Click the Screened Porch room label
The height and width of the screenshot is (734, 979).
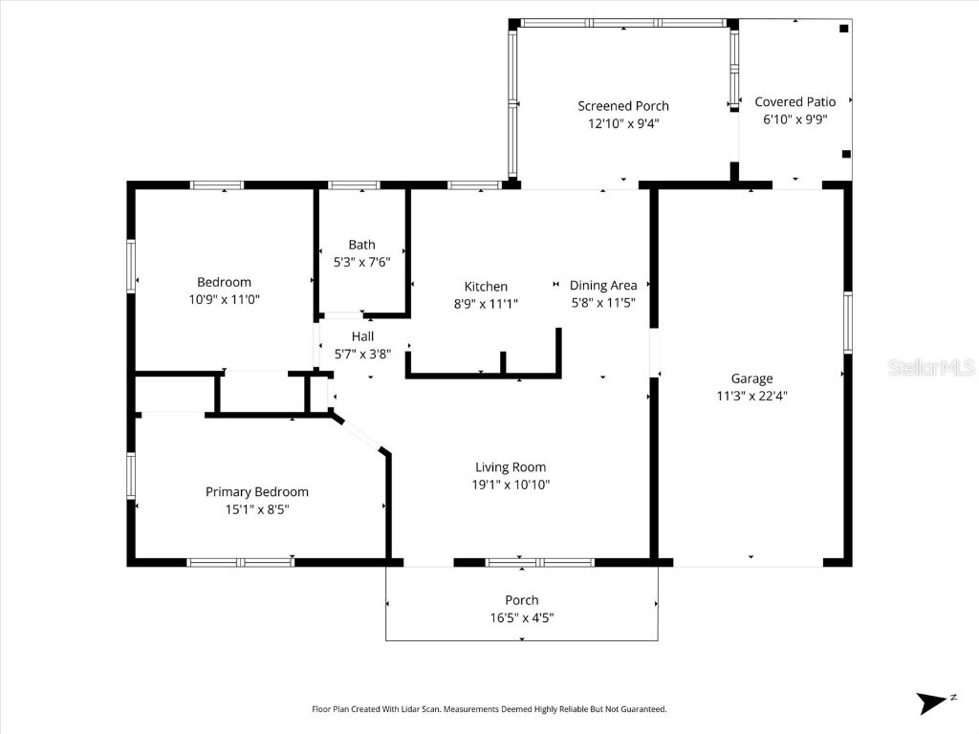tap(623, 106)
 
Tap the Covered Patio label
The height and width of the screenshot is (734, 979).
tap(794, 102)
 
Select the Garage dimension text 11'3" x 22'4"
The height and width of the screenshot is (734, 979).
tap(751, 396)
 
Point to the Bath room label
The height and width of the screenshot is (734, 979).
tap(361, 245)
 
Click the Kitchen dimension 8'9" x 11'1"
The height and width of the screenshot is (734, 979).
tap(486, 304)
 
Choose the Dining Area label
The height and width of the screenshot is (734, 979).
tap(602, 285)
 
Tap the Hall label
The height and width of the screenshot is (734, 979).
tap(362, 336)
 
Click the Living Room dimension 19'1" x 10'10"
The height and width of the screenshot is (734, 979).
tap(511, 485)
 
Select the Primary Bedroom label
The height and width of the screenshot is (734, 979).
tap(257, 492)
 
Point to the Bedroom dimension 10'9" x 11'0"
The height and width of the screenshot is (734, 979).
tap(224, 299)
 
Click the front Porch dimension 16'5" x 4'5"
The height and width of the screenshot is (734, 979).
tap(521, 617)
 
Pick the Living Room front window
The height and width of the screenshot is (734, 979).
tap(540, 563)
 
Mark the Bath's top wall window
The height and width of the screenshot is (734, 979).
tap(354, 185)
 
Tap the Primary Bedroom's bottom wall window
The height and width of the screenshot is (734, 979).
tap(240, 563)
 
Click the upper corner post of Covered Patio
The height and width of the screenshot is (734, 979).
tap(843, 29)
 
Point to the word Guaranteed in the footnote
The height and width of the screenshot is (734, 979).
tap(639, 709)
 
